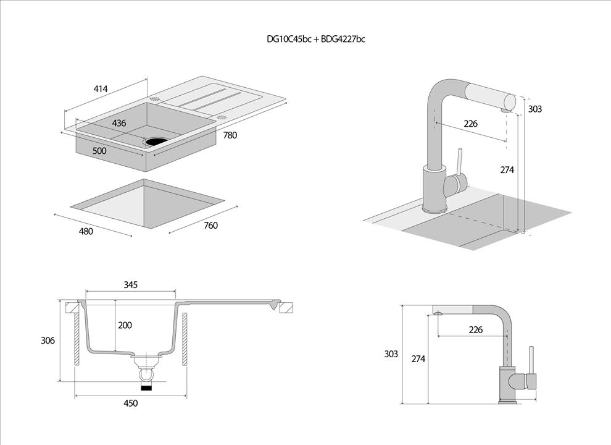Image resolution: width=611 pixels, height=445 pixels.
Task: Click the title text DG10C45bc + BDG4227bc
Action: (315, 40)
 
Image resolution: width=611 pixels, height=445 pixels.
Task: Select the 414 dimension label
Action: (101, 89)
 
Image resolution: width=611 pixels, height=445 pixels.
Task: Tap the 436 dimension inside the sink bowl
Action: (119, 123)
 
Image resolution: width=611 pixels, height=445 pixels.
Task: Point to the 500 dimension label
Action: (99, 151)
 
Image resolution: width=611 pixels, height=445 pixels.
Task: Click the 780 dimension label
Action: (230, 135)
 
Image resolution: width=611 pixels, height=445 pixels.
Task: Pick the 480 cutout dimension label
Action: (86, 232)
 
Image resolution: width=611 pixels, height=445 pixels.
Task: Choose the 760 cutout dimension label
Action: (210, 226)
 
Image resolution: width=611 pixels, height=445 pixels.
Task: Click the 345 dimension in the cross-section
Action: (130, 285)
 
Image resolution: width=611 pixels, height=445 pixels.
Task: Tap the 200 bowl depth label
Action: (125, 325)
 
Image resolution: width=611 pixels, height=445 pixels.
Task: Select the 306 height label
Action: (48, 341)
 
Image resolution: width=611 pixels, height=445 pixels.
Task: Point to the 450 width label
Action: (130, 404)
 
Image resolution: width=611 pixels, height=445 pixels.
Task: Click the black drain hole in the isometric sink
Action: (156, 142)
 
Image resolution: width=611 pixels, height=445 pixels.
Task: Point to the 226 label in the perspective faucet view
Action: (470, 124)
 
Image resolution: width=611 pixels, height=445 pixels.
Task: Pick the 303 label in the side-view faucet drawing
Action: (391, 354)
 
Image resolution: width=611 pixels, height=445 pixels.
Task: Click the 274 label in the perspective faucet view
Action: (507, 169)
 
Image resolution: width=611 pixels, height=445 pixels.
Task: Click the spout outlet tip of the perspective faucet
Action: (507, 109)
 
